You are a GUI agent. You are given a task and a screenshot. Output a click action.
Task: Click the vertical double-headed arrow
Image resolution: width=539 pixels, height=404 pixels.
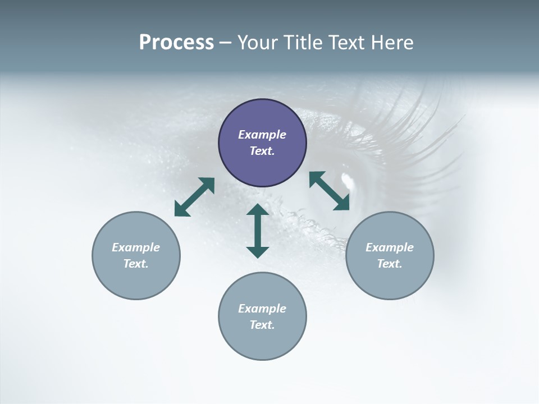[258, 231]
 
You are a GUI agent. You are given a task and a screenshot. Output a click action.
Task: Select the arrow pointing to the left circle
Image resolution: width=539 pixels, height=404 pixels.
[194, 197]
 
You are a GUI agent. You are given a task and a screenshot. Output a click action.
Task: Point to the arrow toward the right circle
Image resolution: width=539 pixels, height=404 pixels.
[330, 191]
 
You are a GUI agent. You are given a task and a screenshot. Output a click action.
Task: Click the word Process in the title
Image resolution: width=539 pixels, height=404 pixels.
[176, 43]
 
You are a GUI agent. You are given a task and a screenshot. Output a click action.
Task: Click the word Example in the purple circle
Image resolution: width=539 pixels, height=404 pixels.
[262, 135]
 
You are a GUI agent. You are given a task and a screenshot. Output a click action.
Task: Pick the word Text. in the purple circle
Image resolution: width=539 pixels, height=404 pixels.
[262, 151]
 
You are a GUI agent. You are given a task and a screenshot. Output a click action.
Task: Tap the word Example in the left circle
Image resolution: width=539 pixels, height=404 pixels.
[136, 247]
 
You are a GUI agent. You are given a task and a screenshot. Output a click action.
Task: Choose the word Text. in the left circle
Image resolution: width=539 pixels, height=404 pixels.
[136, 264]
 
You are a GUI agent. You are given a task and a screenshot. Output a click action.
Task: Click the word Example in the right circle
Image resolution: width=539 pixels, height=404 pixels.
[390, 247]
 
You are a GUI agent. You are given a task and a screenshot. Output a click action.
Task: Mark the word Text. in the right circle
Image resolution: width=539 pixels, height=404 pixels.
[390, 264]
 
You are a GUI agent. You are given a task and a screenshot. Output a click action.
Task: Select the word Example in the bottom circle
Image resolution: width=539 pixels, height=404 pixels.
[262, 309]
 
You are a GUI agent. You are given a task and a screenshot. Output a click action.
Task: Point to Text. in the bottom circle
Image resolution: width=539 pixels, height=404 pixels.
[262, 325]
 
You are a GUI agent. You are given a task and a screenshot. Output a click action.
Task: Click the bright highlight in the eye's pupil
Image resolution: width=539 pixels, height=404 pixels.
[348, 180]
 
